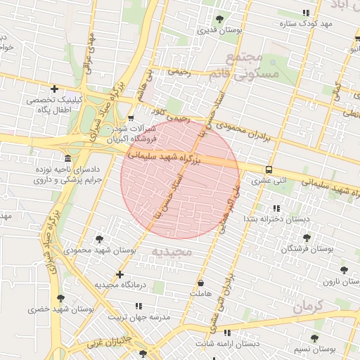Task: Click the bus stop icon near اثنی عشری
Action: click(x=269, y=169)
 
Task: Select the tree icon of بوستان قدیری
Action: click(x=221, y=19)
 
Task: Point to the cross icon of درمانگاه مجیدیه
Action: click(x=120, y=274)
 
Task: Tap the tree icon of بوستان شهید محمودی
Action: click(x=99, y=239)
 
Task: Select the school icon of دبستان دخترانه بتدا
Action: click(x=276, y=208)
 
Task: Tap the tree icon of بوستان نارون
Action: click(x=343, y=269)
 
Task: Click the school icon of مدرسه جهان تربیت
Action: click(x=139, y=307)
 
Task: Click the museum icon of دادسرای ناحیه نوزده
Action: click(x=67, y=157)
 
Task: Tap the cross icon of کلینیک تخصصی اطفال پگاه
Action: click(x=54, y=89)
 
